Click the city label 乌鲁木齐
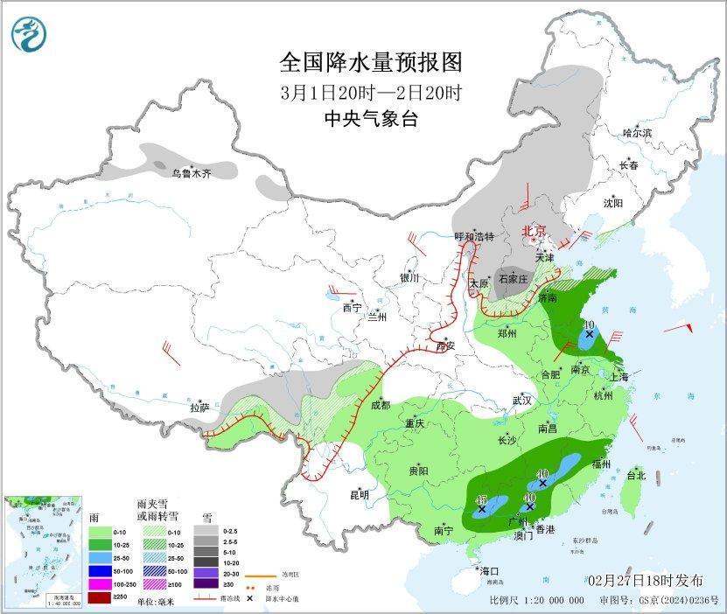tap(191, 173)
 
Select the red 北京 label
tap(534, 231)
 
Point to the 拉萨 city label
tap(200, 408)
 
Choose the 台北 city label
tap(636, 476)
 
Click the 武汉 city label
tap(522, 400)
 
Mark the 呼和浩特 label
tap(474, 237)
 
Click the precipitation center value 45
tap(480, 499)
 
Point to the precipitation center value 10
tap(590, 324)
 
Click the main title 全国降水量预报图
tap(370, 63)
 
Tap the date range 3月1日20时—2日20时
tap(370, 92)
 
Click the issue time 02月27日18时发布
tap(646, 581)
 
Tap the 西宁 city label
tap(352, 308)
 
